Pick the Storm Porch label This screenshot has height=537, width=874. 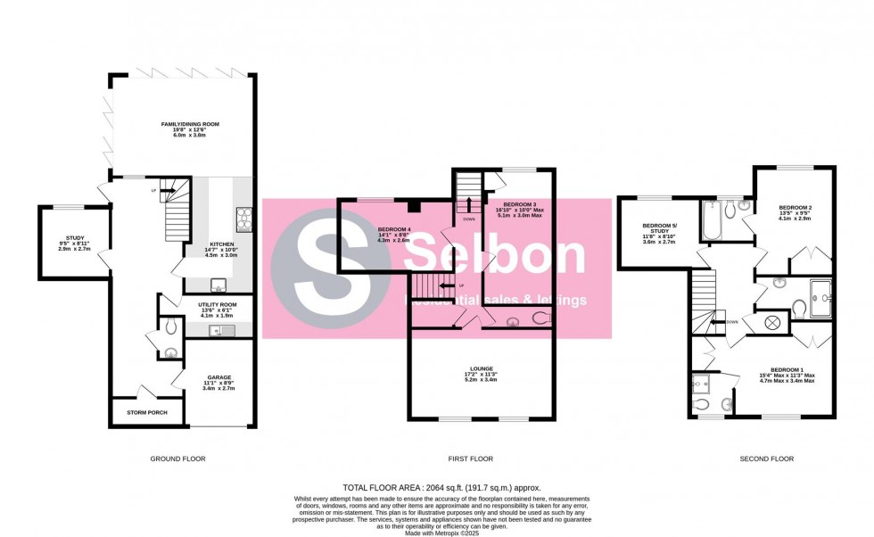146,413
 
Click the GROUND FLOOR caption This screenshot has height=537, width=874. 178,459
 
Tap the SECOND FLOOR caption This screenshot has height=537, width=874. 766,459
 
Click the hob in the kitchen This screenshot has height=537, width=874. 244,218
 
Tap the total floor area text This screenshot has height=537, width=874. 442,487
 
